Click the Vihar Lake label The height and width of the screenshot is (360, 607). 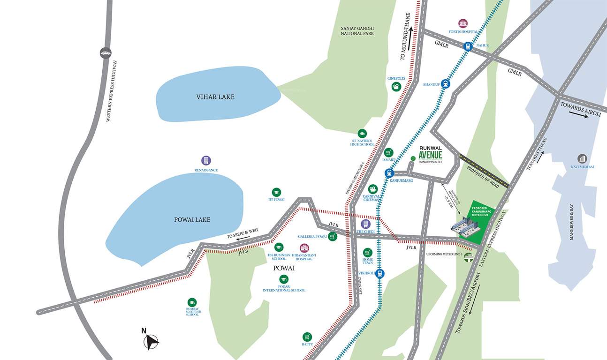215,97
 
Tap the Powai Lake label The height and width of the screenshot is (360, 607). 192,219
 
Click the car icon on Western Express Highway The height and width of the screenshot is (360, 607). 106,52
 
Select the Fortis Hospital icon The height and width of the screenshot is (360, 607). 463,23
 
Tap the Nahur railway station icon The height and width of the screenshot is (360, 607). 468,46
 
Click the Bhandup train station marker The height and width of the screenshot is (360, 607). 445,84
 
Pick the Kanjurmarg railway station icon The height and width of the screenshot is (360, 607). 389,173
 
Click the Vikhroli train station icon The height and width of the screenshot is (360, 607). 380,273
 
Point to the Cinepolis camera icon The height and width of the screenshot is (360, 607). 396,87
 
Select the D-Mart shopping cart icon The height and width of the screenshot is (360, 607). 388,152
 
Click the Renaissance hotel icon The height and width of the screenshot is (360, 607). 206,160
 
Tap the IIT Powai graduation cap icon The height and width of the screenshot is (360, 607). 276,192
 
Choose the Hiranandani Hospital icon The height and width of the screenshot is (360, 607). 304,247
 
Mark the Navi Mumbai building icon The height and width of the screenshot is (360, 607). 582,159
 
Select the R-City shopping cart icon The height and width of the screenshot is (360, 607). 307,337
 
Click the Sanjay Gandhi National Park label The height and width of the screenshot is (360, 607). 357,31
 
